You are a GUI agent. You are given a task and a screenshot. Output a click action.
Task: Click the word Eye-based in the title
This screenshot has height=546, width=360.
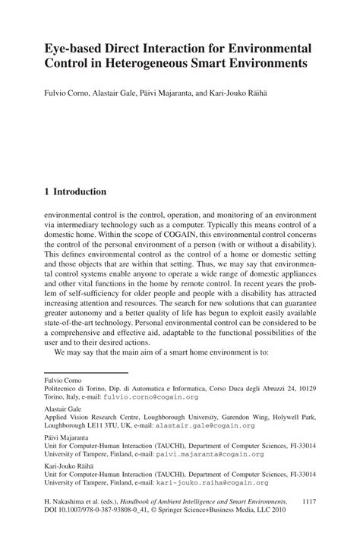click(x=72, y=48)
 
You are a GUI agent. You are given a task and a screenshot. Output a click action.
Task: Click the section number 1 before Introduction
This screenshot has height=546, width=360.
click(x=47, y=192)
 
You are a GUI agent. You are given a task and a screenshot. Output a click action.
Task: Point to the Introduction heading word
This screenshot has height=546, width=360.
click(x=80, y=192)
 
